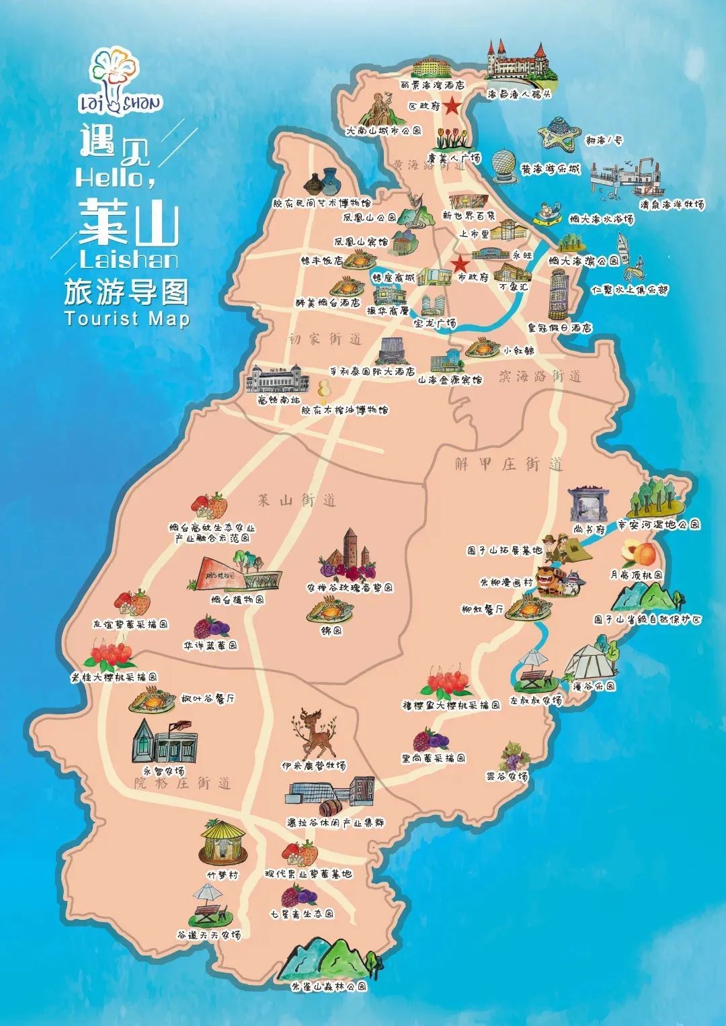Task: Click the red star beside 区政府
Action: (x=453, y=105)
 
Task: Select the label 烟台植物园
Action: (x=237, y=599)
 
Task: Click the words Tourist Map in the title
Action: (x=128, y=318)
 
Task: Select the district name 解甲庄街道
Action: (x=508, y=464)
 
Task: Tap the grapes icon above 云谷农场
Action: (x=515, y=757)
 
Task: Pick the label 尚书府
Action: (x=590, y=529)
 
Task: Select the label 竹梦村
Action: (x=223, y=875)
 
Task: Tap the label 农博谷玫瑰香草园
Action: (x=350, y=588)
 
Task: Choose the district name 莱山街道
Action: (x=296, y=501)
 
